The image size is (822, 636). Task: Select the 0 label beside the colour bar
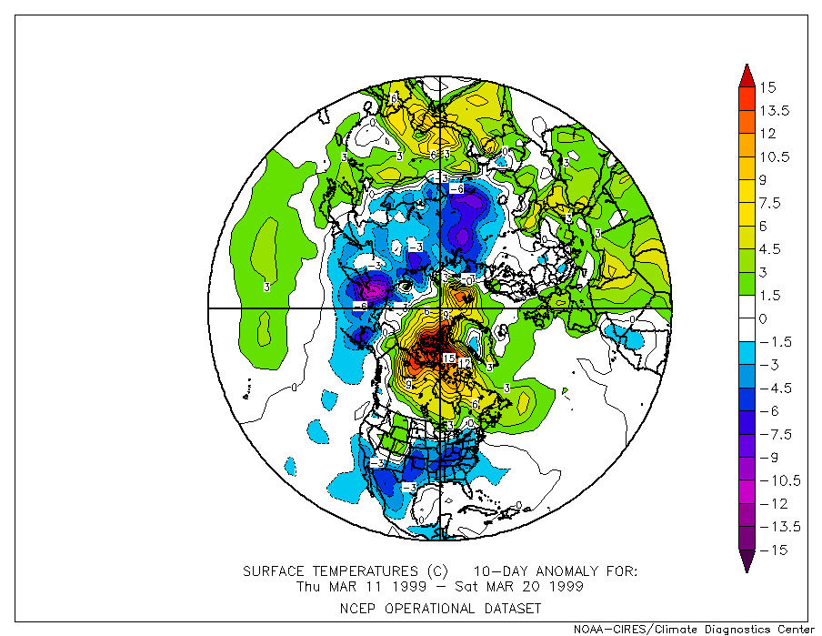[763, 318]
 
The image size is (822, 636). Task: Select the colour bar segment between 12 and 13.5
[745, 122]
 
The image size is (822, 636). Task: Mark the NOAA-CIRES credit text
[693, 629]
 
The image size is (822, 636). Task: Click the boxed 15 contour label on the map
[448, 358]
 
